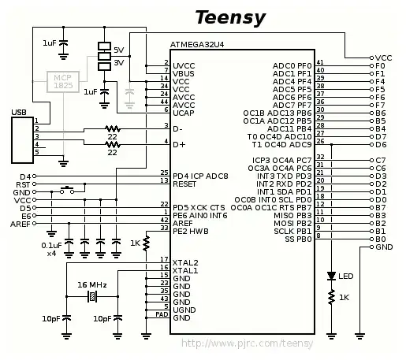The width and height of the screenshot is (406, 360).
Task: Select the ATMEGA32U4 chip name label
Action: click(x=202, y=46)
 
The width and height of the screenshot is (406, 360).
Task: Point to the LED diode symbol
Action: click(x=332, y=276)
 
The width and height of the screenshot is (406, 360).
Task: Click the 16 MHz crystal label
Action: click(x=92, y=284)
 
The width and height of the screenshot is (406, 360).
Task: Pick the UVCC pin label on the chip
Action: click(x=184, y=65)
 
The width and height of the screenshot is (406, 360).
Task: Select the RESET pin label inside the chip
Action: click(x=185, y=182)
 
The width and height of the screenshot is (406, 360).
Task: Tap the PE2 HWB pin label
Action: click(x=190, y=230)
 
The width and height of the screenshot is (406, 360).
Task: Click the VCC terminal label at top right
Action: click(x=384, y=58)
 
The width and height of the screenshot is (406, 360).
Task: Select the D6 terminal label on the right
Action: click(x=381, y=145)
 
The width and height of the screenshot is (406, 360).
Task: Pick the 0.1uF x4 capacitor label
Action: click(x=50, y=250)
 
